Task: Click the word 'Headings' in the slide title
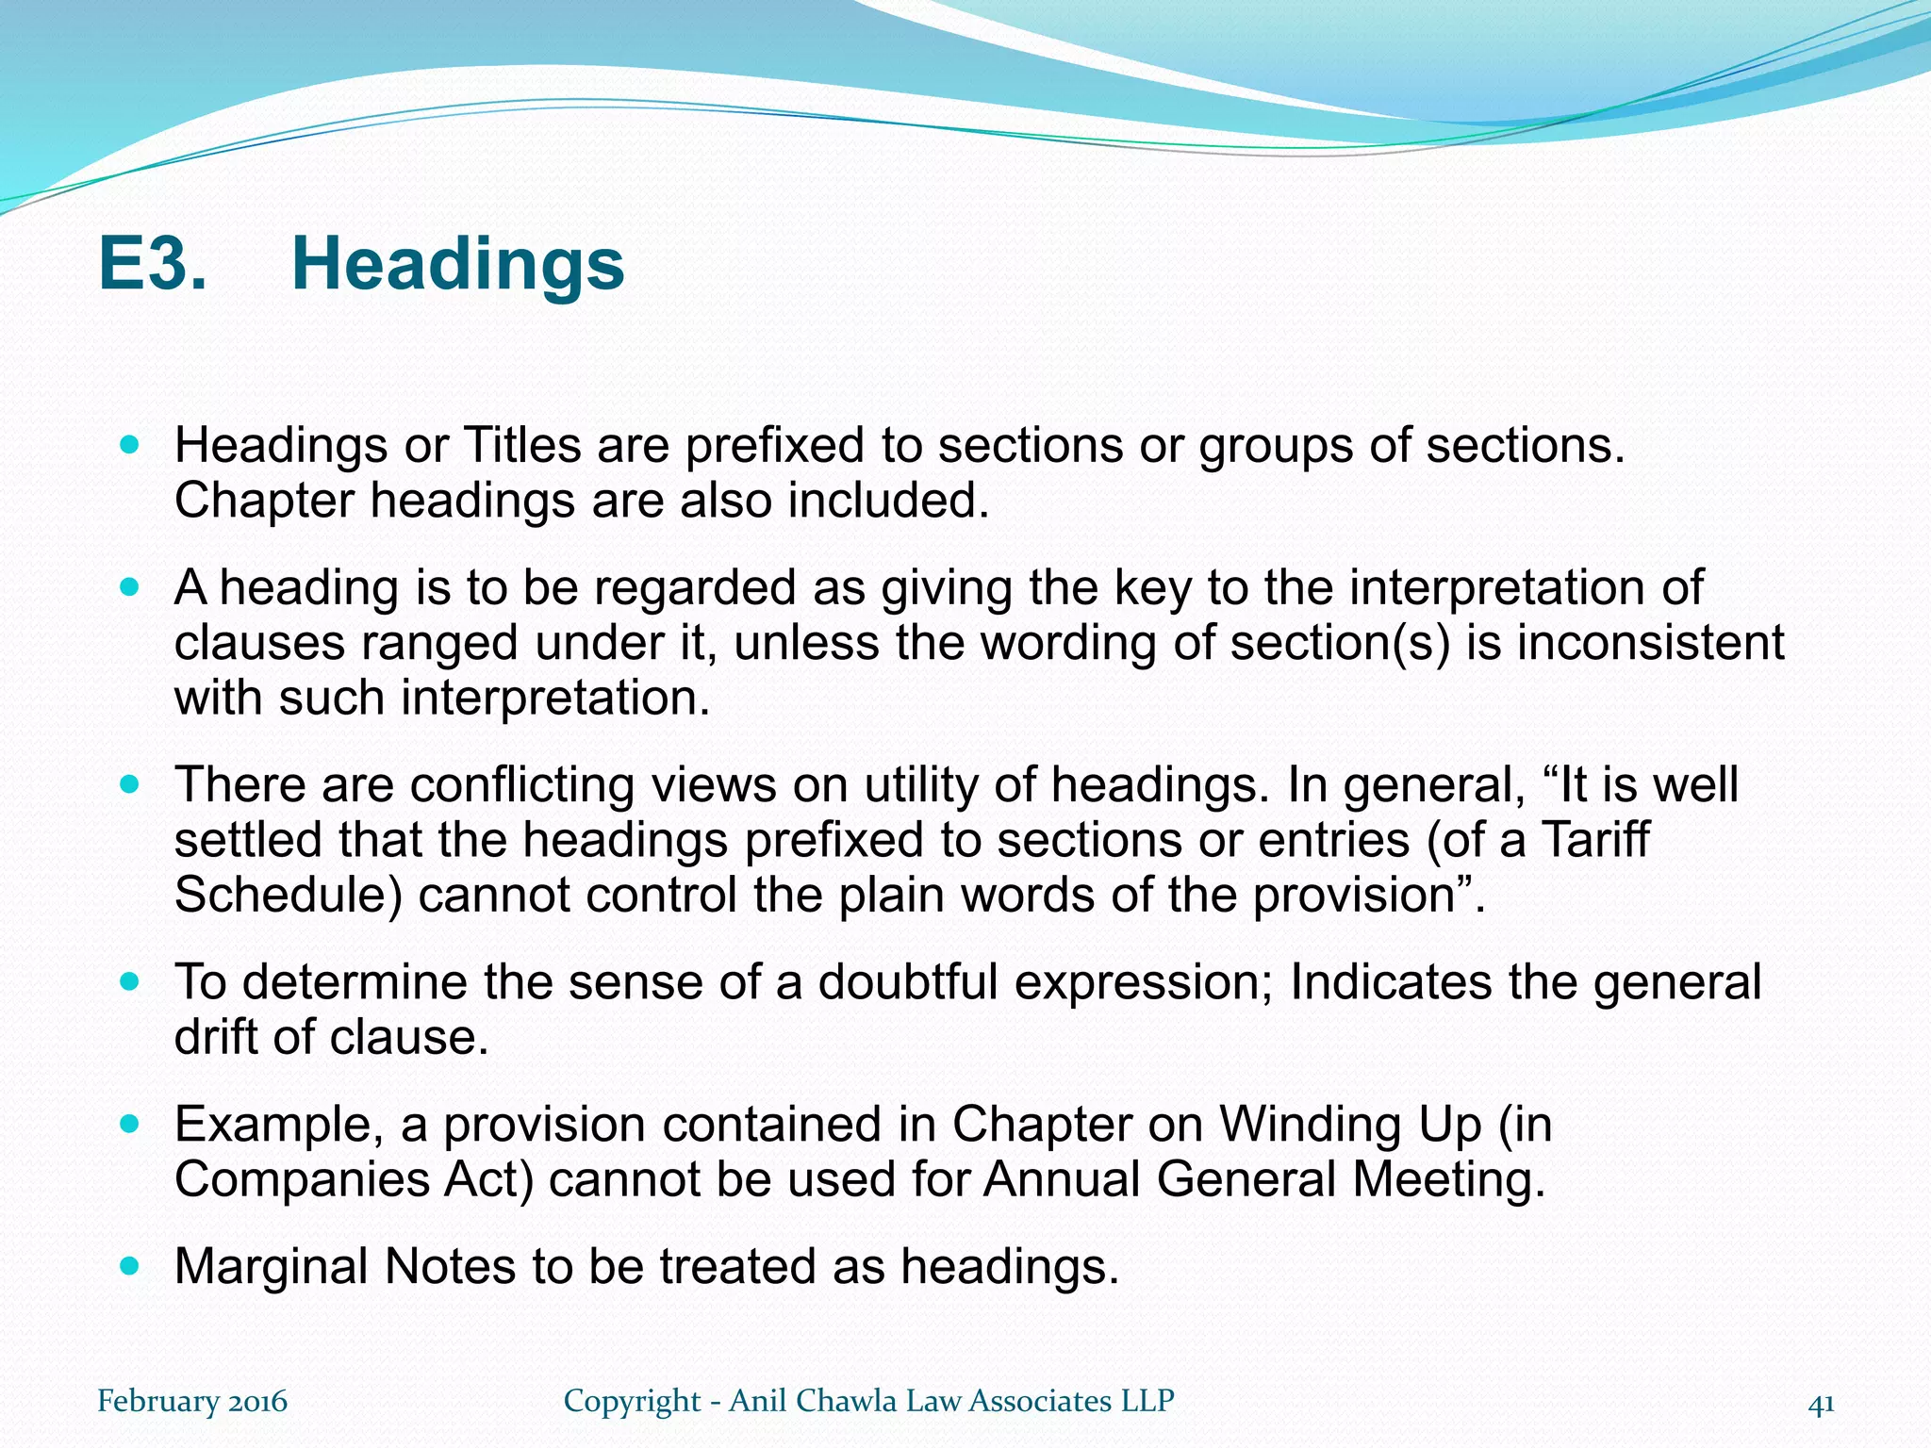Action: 457,265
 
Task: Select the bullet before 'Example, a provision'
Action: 130,1123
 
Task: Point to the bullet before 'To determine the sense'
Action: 130,980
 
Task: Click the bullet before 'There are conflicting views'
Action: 130,783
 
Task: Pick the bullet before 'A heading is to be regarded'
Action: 130,586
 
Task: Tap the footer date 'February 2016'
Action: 192,1401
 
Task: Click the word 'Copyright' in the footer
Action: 632,1402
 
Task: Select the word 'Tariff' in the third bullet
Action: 1595,839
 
